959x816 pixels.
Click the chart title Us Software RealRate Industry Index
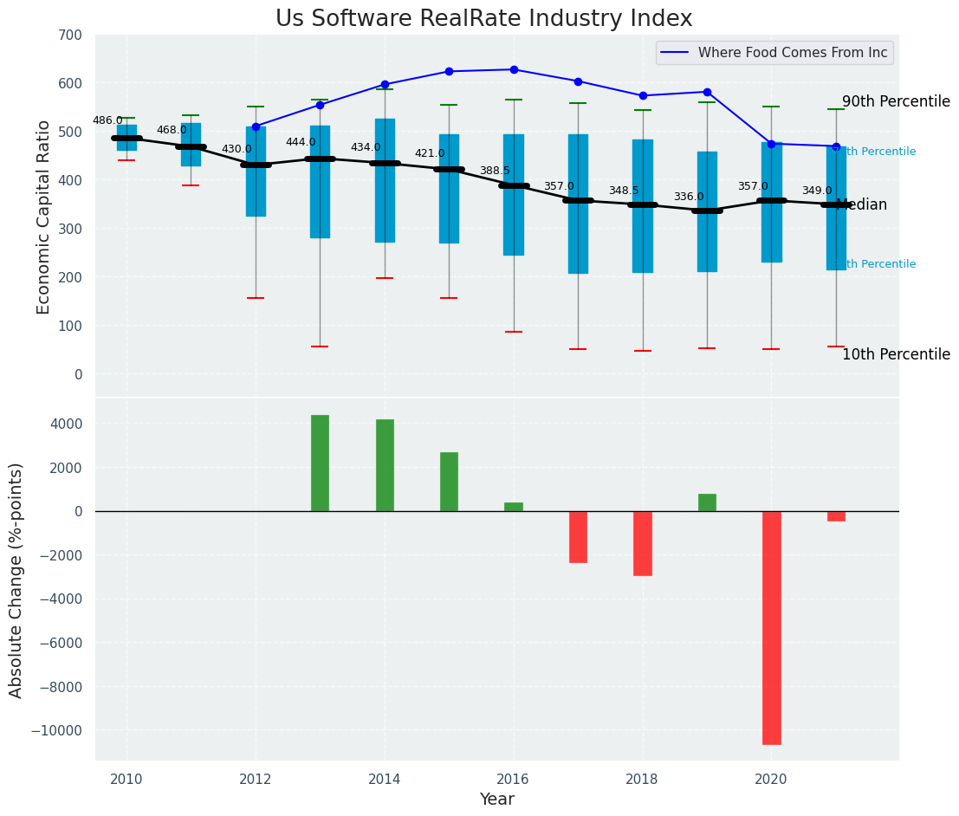coord(483,19)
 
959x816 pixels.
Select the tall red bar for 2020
coord(771,627)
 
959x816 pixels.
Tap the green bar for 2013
coord(320,463)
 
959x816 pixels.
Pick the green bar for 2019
coord(707,502)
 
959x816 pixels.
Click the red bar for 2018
coord(643,543)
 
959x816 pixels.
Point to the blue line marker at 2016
coord(514,69)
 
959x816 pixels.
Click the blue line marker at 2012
coord(256,126)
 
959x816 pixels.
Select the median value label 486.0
coord(107,120)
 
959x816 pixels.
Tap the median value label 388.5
coord(495,171)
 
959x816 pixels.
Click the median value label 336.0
coord(689,197)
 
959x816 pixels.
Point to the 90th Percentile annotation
coord(896,101)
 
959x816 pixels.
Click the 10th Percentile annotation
coord(896,354)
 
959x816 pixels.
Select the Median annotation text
coord(862,204)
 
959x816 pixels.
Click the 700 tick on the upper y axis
coord(70,36)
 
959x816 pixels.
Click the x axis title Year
coord(496,800)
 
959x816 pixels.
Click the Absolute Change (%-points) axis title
coord(16,580)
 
